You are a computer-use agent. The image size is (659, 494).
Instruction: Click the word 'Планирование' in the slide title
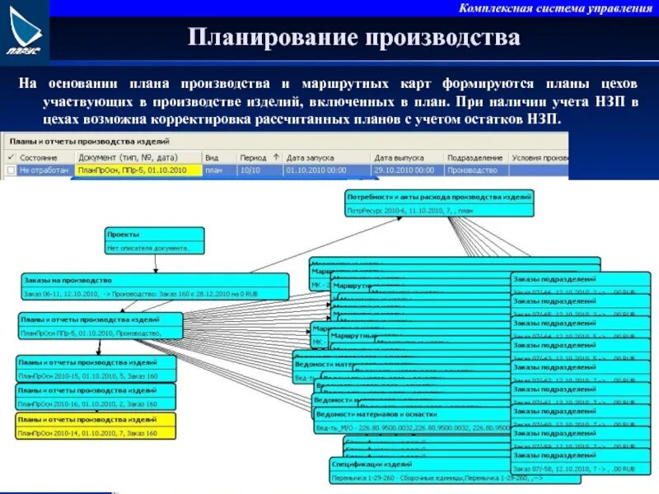click(x=271, y=39)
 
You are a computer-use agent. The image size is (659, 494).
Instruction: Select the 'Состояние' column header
click(x=39, y=156)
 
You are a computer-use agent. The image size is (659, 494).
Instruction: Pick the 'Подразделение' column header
click(x=475, y=156)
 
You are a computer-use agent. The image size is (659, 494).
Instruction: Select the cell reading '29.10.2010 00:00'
click(x=404, y=170)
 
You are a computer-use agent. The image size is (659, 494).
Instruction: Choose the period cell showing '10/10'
click(x=249, y=170)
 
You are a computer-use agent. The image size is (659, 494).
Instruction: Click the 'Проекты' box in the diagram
click(x=154, y=240)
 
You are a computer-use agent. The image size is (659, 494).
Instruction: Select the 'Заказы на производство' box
click(x=155, y=287)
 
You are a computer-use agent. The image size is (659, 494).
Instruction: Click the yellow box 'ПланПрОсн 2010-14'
click(x=96, y=426)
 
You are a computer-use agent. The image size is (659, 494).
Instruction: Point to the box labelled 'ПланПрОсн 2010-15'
click(x=96, y=370)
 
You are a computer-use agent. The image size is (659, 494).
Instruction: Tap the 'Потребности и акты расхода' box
click(x=439, y=203)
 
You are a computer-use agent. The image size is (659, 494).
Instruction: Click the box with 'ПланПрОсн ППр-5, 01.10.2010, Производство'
click(x=101, y=326)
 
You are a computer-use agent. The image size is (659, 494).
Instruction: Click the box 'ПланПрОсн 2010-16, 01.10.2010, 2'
click(x=96, y=398)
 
